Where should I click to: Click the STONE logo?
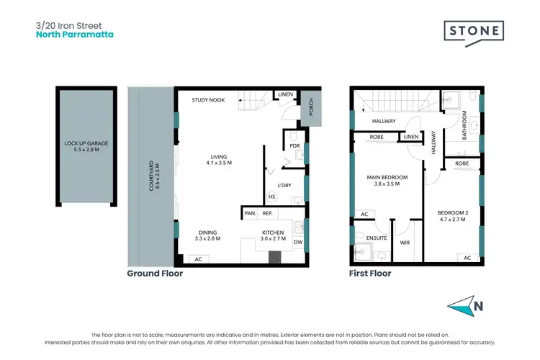(472, 32)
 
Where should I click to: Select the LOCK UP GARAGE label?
(86, 147)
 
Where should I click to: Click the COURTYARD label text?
(152, 176)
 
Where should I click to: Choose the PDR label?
(294, 145)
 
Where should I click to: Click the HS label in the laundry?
(271, 197)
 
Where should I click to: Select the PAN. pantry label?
(250, 213)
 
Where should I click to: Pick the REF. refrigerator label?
(267, 213)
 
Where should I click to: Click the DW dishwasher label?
(298, 243)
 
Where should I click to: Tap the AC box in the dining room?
(197, 258)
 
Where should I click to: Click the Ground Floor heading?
(155, 274)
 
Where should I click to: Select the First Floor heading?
(370, 274)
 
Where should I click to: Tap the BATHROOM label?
(465, 125)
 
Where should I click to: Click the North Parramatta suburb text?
(74, 34)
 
